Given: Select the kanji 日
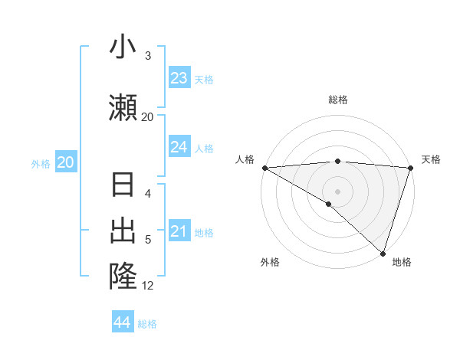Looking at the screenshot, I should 123,185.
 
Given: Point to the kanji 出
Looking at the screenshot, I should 123,231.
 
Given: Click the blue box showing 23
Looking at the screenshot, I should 179,78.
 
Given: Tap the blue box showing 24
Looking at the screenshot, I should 179,147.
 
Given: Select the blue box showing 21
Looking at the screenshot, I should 179,231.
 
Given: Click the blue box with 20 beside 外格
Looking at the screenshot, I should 66,162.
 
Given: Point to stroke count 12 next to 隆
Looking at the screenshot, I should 148,286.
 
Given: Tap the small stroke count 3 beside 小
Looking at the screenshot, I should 148,56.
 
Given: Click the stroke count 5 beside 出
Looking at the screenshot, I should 148,240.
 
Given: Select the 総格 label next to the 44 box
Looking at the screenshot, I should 147,324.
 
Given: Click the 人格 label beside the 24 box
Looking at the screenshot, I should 204,148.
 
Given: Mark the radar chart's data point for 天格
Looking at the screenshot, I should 411,168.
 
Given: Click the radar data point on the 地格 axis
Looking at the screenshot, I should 383,253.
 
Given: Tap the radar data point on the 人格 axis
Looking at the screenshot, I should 264,168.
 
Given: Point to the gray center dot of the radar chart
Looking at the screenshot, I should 337,191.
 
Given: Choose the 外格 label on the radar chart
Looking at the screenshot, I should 269,262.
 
